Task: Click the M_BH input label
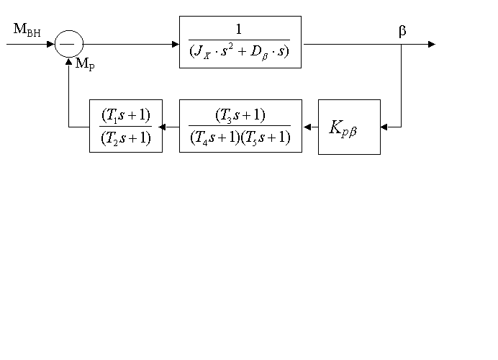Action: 27,30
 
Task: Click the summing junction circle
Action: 69,44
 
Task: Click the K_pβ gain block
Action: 349,127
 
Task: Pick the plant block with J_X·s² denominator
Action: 240,42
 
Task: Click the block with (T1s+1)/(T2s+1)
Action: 125,126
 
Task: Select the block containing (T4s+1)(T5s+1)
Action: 240,126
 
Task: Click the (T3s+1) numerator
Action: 240,115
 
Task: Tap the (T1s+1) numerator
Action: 125,115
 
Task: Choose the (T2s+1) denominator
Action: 125,138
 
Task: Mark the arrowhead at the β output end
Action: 432,44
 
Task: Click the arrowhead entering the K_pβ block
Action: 384,127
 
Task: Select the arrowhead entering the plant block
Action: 175,44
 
